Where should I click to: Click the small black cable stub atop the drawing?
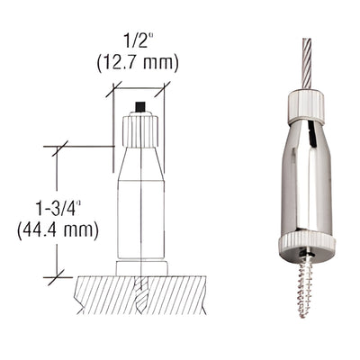[x=139, y=108]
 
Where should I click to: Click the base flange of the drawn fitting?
[x=141, y=267]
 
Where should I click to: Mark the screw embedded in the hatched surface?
[x=141, y=291]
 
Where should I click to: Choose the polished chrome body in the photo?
[x=305, y=180]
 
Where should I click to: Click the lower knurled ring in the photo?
[x=305, y=243]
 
